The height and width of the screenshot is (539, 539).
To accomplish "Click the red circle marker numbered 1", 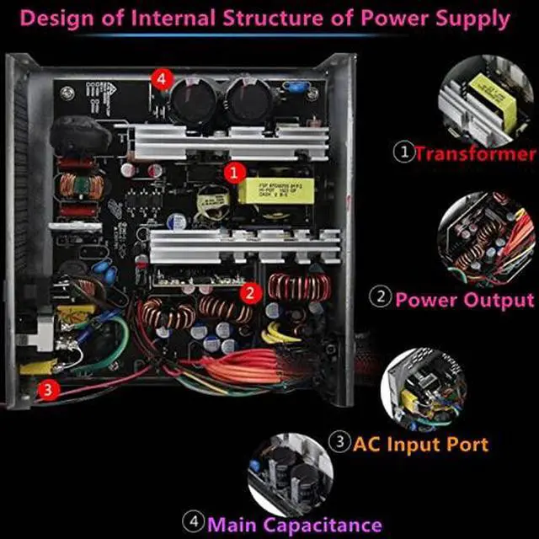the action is [x=235, y=171].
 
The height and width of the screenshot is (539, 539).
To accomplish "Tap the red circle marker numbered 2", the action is [x=250, y=293].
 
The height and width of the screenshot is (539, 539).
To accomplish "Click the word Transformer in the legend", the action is [x=475, y=154].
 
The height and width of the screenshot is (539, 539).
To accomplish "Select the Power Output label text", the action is [x=465, y=299].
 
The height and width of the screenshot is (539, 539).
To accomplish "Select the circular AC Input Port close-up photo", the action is [x=424, y=392].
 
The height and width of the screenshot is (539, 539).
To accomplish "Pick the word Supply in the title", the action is [x=472, y=18].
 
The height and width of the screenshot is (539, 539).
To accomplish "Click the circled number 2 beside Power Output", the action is [x=382, y=299].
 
